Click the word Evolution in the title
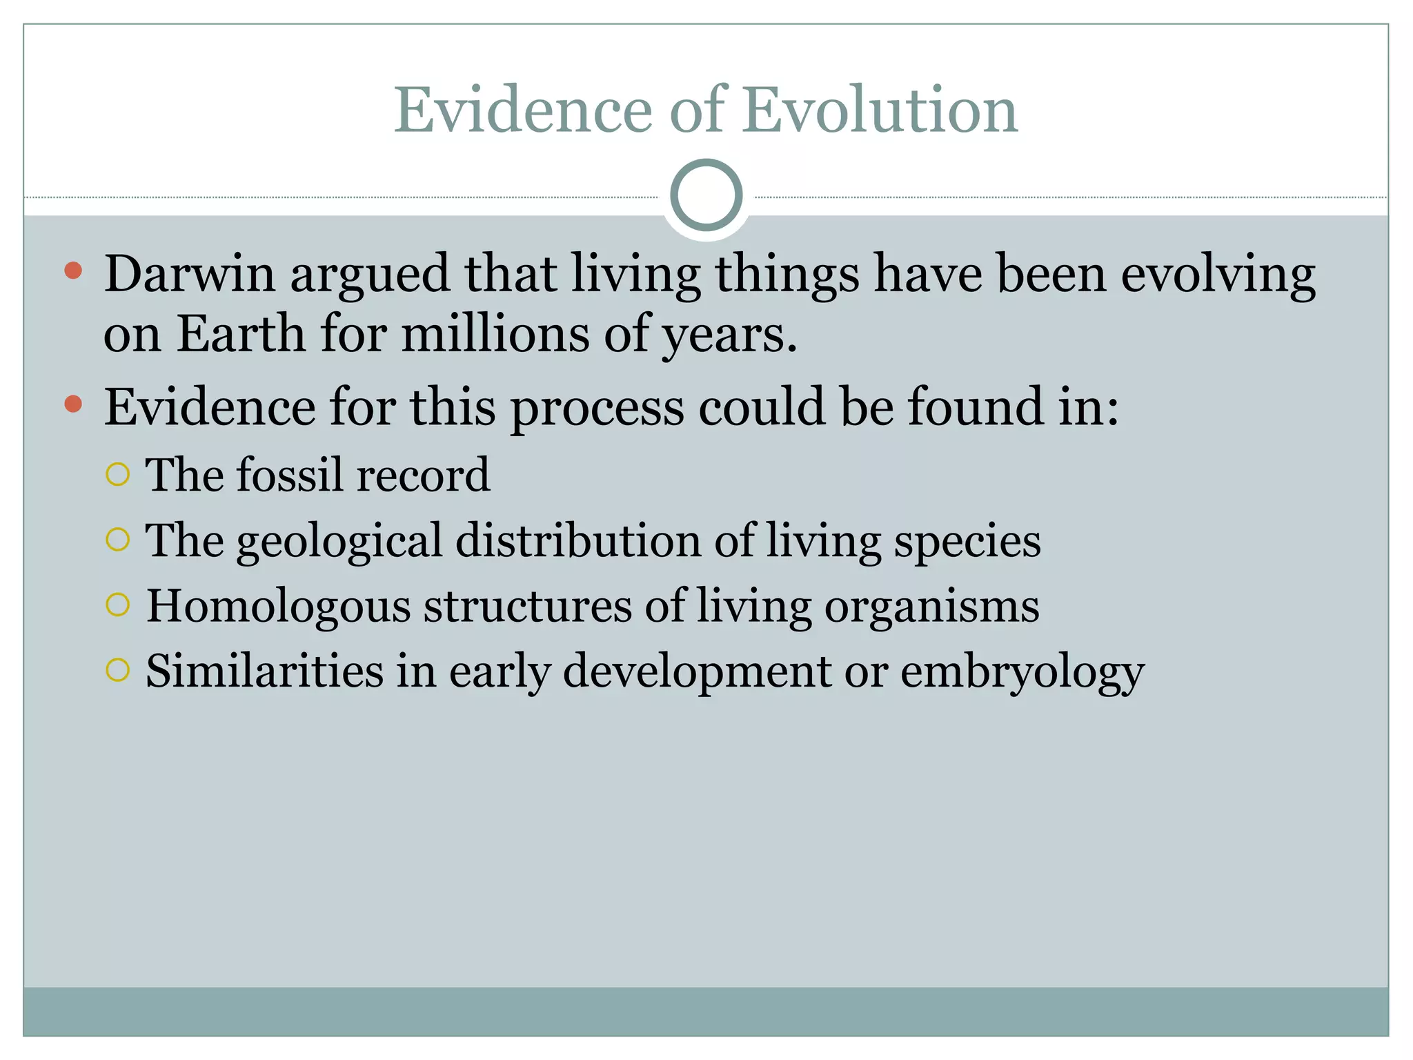880,110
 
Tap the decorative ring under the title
706,195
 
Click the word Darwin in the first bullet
190,274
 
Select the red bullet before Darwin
73,270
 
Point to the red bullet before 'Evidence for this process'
73,403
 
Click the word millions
495,334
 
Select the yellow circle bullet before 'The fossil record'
118,474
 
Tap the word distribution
578,540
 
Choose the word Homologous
278,606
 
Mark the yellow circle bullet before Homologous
118,605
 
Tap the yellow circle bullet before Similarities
118,669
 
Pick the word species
967,542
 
